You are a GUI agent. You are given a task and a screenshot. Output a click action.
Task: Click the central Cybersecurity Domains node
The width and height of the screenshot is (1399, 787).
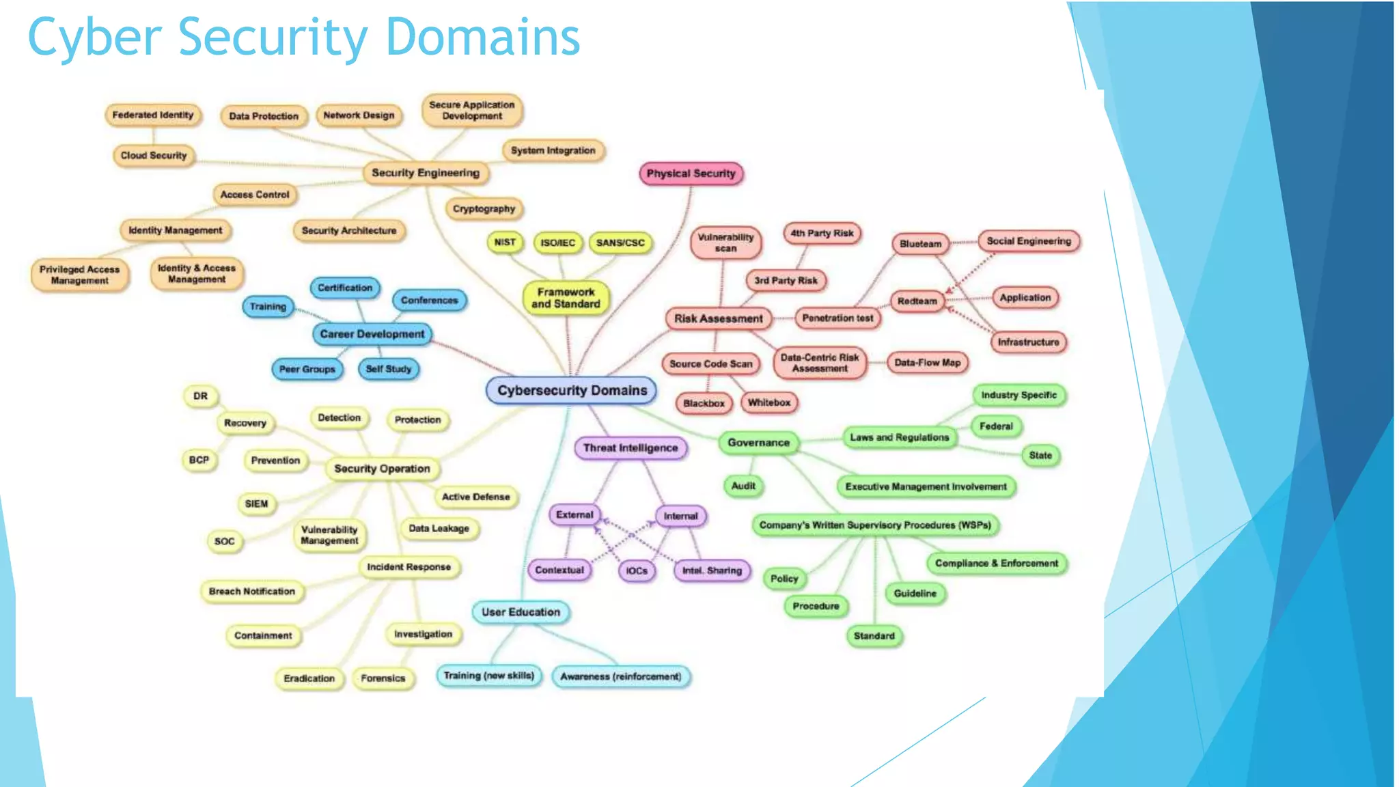pos(572,391)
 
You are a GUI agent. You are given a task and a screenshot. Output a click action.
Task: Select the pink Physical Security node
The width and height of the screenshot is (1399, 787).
pos(691,174)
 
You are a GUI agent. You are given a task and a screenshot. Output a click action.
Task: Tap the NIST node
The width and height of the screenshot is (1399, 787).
pos(505,243)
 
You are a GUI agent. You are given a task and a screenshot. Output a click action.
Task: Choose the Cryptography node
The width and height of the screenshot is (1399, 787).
pos(484,208)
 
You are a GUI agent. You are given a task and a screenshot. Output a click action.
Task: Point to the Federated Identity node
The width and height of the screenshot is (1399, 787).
pos(153,115)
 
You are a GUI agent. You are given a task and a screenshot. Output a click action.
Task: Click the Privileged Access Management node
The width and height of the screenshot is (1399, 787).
pos(79,275)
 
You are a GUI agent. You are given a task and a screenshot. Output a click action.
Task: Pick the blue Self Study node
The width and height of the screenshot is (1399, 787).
pos(388,369)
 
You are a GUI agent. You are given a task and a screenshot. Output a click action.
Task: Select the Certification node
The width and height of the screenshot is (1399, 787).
pos(345,288)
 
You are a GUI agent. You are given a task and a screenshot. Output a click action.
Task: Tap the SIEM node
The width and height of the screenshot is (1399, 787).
pos(257,504)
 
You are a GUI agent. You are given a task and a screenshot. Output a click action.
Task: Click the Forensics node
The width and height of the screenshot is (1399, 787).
pos(383,678)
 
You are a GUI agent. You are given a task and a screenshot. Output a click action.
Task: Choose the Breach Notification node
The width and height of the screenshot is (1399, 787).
pos(252,592)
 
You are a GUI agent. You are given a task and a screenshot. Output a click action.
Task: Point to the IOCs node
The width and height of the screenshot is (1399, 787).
pos(637,570)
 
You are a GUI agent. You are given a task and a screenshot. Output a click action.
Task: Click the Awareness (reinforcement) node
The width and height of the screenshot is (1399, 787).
pos(620,676)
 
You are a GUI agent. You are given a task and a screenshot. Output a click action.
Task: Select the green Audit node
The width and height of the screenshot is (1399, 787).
pos(743,486)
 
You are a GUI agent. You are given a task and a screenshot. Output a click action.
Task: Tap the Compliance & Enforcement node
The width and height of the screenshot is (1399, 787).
pos(996,564)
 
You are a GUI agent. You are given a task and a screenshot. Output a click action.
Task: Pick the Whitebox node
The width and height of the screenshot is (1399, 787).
pos(768,402)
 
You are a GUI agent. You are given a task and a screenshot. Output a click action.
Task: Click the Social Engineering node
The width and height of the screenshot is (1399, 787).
pos(1029,241)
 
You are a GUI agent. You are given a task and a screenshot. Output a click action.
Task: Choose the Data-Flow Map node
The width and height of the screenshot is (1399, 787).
pos(927,363)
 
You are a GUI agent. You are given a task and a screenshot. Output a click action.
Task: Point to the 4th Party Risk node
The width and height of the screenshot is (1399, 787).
pos(822,233)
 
